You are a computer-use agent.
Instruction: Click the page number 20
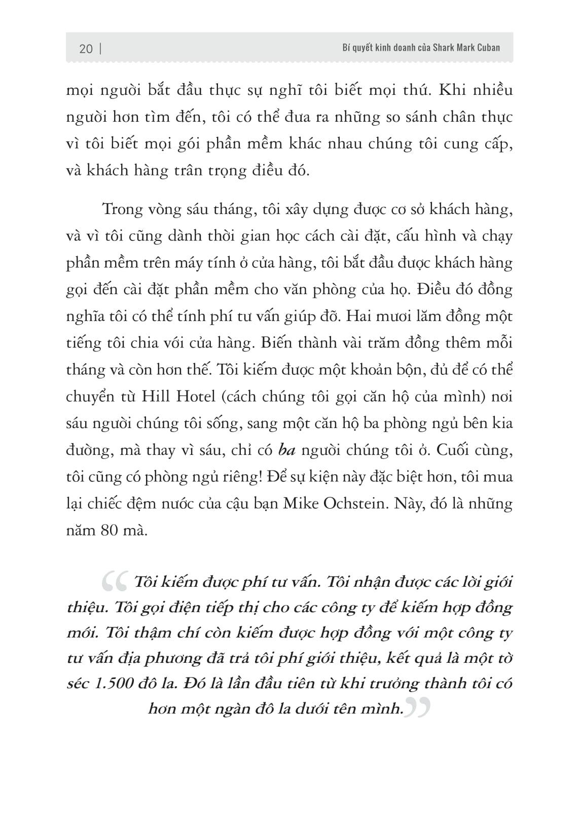point(86,49)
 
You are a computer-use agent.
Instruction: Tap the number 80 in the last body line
point(107,530)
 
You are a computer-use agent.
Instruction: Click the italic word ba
point(287,450)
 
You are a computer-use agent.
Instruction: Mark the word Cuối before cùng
point(451,450)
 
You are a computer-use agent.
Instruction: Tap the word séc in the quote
point(78,683)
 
